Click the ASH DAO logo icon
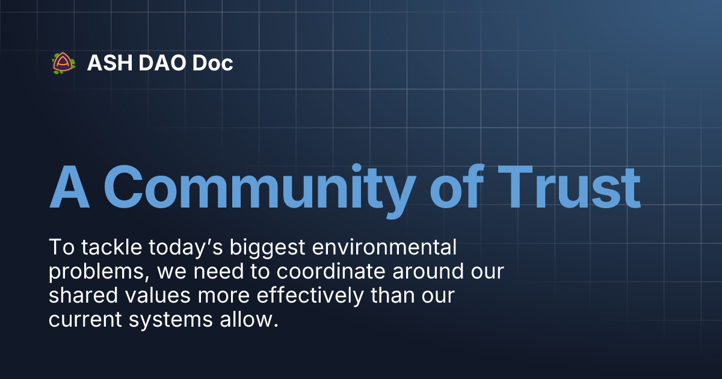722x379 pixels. pos(63,63)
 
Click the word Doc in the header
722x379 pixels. pos(212,63)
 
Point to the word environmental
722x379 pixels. pos(385,248)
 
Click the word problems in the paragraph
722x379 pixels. pos(99,272)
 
